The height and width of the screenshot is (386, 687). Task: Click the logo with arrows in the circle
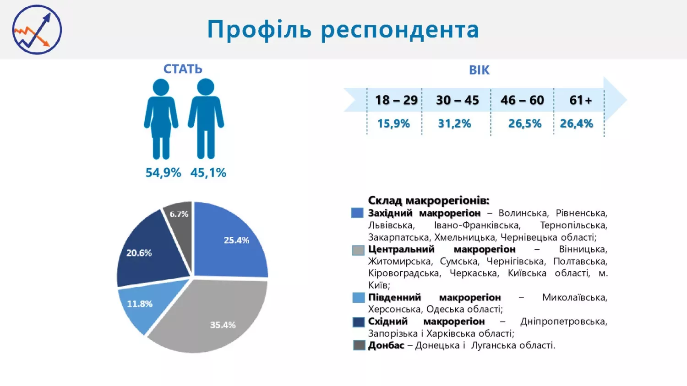(x=37, y=30)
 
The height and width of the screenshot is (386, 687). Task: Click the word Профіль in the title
(x=259, y=30)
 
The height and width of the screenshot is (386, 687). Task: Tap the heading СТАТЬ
(x=183, y=69)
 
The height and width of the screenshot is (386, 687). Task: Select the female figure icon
(x=161, y=118)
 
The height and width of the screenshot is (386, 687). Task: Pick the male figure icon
(x=206, y=118)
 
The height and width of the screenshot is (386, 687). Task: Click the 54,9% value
(x=163, y=173)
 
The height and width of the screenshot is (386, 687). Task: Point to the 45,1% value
(x=208, y=173)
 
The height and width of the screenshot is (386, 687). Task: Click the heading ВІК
(x=479, y=70)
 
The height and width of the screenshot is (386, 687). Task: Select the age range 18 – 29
(x=396, y=100)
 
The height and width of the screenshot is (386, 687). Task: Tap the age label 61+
(x=580, y=100)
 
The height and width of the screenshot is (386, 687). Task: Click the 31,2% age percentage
(x=454, y=123)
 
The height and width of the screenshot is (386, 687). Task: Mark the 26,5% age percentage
(x=525, y=123)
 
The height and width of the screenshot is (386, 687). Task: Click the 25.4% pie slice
(x=229, y=242)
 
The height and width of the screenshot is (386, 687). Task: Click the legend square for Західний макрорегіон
(x=357, y=213)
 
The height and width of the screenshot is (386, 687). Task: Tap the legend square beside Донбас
(x=359, y=345)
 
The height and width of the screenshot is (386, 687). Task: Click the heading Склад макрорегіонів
(x=428, y=200)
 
